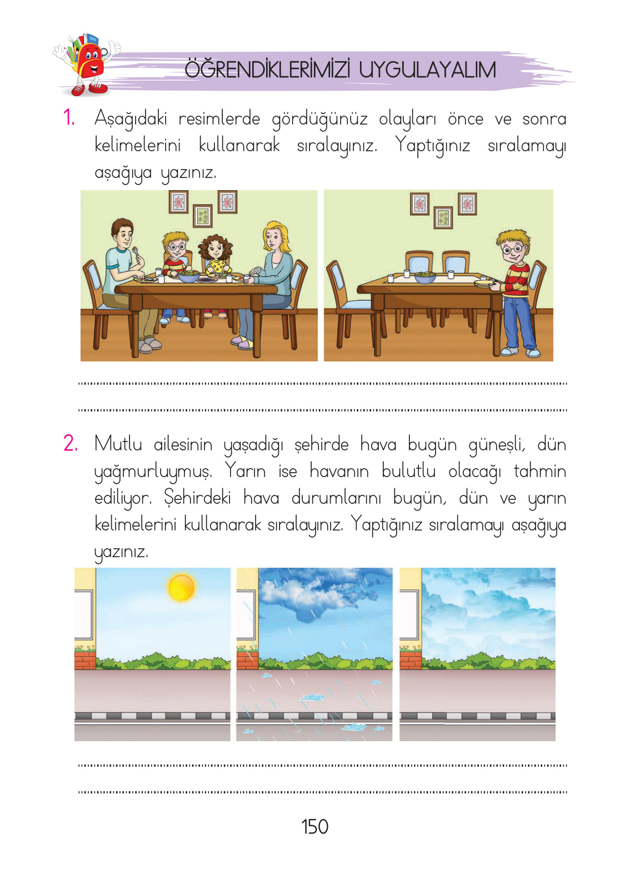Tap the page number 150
314,827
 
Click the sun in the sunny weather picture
181,587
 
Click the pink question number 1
69,118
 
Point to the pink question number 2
71,443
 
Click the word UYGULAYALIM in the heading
427,70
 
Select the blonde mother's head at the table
276,237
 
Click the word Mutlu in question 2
118,444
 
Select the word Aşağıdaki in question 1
131,119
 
